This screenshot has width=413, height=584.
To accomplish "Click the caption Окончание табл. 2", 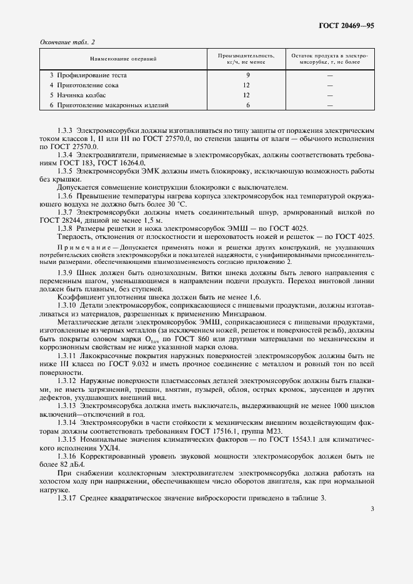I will (67, 42).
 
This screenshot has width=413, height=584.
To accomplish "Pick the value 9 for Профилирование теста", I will (247, 75).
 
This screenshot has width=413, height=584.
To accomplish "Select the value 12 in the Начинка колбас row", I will (247, 95).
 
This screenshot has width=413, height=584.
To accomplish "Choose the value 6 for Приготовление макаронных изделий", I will (247, 105).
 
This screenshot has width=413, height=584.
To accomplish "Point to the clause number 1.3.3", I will (66, 129).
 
